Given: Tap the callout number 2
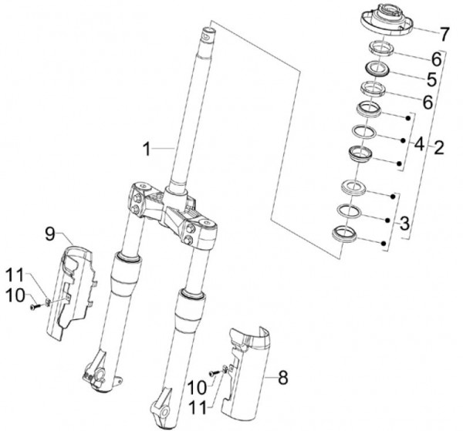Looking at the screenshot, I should (438, 146).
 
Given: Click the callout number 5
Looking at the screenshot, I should (431, 79).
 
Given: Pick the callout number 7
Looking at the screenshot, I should (444, 34).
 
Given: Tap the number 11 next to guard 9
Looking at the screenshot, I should (17, 275).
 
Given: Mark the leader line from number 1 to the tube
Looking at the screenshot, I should (166, 146).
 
